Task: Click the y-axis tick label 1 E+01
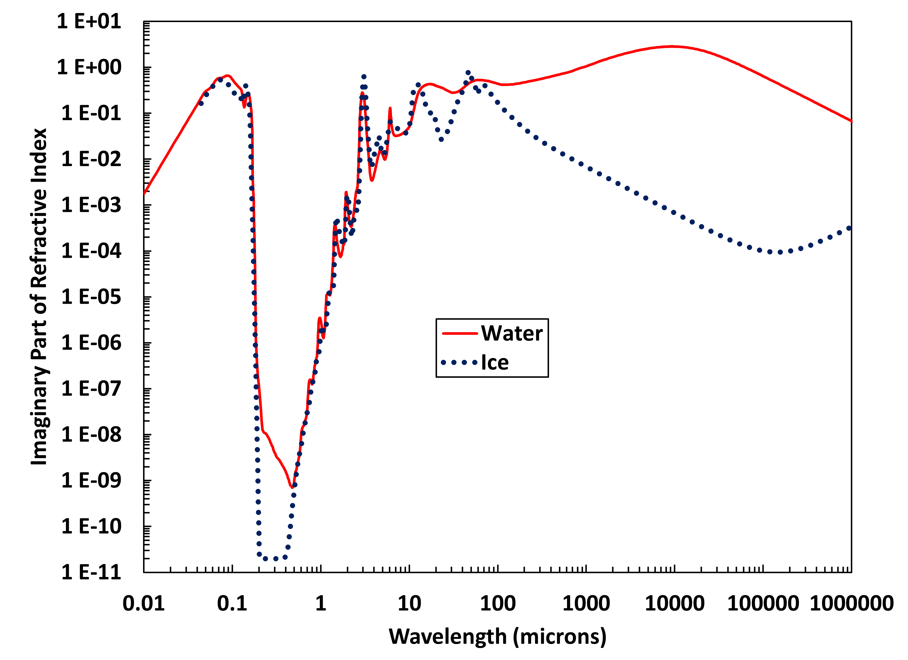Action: point(89,21)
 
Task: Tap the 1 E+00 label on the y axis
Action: point(89,67)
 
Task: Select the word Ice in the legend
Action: point(495,363)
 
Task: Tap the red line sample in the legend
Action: point(460,334)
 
